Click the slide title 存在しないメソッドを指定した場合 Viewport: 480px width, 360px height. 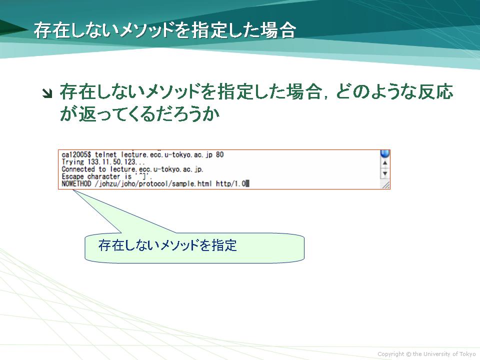pos(164,30)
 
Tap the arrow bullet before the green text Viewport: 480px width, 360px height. pos(47,93)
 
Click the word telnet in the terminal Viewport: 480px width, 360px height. pos(105,155)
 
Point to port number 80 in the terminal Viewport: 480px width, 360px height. pos(220,155)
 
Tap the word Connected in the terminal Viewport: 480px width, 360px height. pos(78,169)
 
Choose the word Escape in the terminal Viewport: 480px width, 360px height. pos(72,176)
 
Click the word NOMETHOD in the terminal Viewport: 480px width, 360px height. pos(76,183)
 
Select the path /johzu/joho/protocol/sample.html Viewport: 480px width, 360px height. pos(153,183)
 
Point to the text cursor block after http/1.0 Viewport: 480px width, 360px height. pos(247,183)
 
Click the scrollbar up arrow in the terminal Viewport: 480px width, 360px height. pos(385,163)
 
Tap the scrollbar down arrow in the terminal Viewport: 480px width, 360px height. pos(385,173)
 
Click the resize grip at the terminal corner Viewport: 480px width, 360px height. pos(385,184)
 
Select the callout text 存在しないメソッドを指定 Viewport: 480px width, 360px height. pos(167,245)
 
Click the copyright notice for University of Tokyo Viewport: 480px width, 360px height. pos(426,354)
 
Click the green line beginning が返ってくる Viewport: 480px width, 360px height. pos(140,114)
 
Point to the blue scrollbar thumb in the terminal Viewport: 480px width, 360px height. pos(385,153)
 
